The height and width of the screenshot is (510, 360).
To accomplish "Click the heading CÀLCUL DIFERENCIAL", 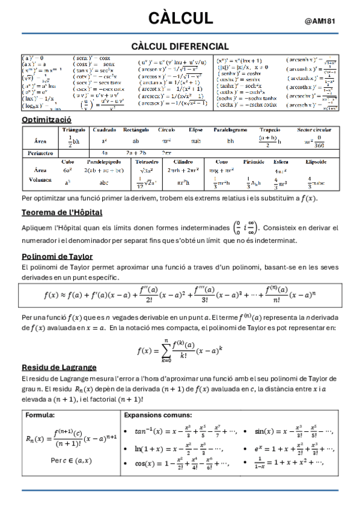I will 180,46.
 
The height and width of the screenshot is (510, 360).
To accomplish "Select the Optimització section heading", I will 46,120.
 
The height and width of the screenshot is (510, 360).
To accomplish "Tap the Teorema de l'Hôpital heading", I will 61,212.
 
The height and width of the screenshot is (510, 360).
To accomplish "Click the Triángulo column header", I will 73,130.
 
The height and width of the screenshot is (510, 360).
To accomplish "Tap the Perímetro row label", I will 40,153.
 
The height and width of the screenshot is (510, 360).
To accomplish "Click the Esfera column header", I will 280,161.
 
